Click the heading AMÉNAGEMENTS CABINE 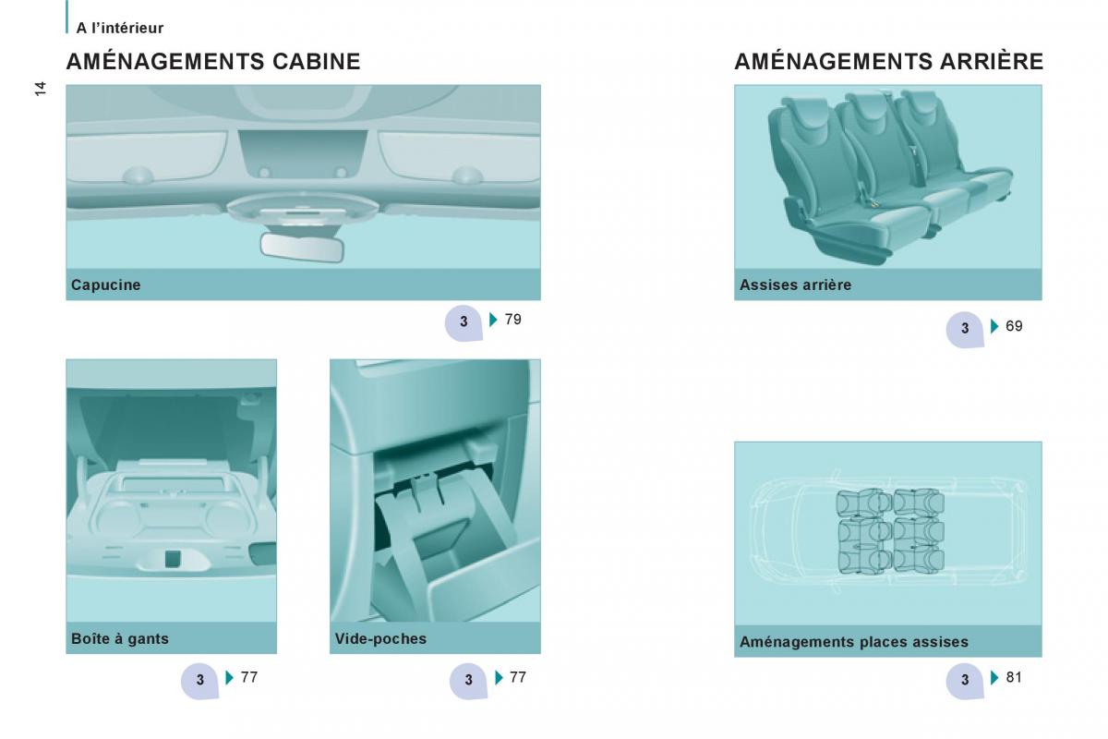[213, 61]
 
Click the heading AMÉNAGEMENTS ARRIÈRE [889, 61]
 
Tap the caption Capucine [106, 285]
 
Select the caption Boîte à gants [120, 638]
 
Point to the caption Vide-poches [380, 638]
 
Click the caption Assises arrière [795, 285]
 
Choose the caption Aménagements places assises [854, 642]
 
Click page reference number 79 [513, 320]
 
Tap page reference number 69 [1014, 326]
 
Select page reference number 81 [1014, 677]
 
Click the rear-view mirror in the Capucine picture [302, 248]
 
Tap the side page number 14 [40, 89]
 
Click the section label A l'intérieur [120, 28]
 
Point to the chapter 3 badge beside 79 [464, 322]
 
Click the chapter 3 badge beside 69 [965, 329]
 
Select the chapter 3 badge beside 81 [965, 681]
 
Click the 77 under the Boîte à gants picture [249, 677]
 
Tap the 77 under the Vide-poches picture [518, 677]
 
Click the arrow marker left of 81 [994, 678]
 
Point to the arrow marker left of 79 [493, 320]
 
